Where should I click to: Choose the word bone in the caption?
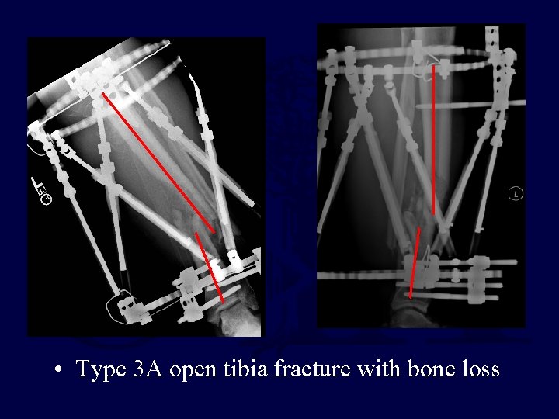[x=423, y=369]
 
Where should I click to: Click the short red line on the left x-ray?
[x=210, y=267]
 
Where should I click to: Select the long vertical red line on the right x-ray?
[x=433, y=140]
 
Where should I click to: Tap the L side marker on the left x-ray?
[x=38, y=185]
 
